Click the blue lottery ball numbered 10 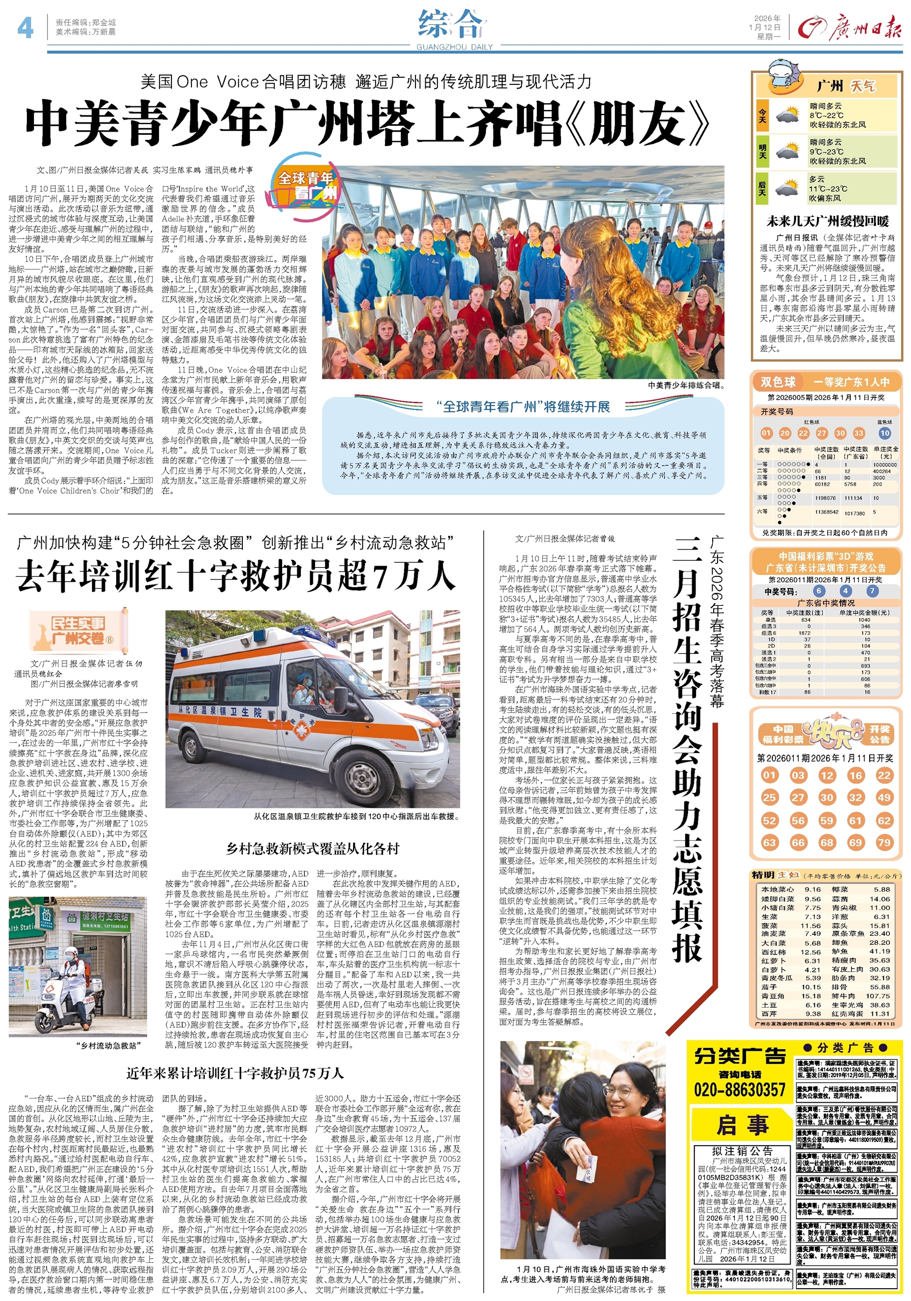(884, 433)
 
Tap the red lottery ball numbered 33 (858, 433)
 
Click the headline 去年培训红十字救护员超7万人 (235, 576)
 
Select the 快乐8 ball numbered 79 (884, 843)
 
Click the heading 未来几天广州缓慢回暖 (827, 221)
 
